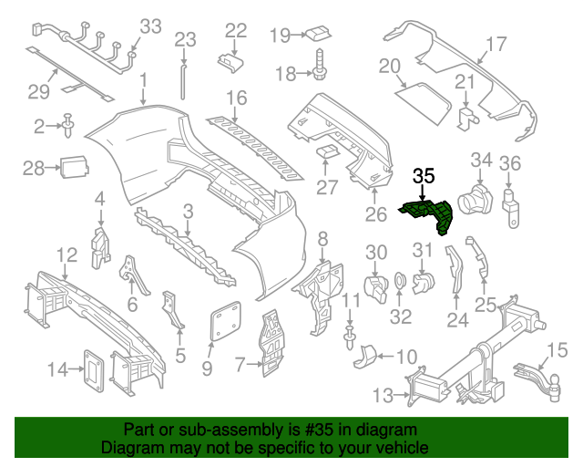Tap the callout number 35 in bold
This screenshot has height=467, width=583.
pyautogui.click(x=424, y=176)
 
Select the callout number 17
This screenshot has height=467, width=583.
pyautogui.click(x=496, y=44)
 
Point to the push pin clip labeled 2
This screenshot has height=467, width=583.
pyautogui.click(x=68, y=125)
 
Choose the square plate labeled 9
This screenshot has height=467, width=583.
pyautogui.click(x=225, y=321)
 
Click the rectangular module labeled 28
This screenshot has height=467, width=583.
pyautogui.click(x=74, y=167)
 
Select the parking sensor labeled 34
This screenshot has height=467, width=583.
pyautogui.click(x=476, y=199)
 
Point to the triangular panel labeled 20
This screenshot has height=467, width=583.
pyautogui.click(x=423, y=103)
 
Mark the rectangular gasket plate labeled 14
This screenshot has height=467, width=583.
pyautogui.click(x=93, y=370)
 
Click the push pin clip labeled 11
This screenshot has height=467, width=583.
pyautogui.click(x=349, y=337)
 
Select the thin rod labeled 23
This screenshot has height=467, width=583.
pyautogui.click(x=183, y=82)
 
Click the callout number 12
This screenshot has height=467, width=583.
pyautogui.click(x=66, y=254)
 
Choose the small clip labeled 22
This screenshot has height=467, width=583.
pyautogui.click(x=230, y=62)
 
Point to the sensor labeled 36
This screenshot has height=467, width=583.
pyautogui.click(x=510, y=209)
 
